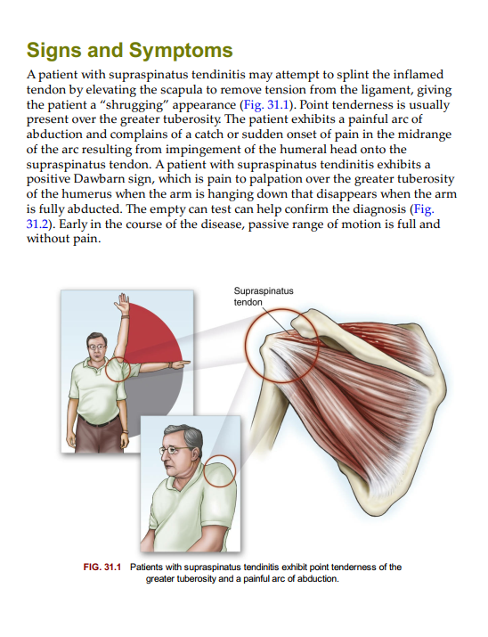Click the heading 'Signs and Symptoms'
(x=129, y=51)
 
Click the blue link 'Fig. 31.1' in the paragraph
(x=265, y=104)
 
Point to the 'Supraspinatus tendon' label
(x=264, y=297)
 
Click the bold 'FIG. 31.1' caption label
(x=102, y=568)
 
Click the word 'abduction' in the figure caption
(x=317, y=579)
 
